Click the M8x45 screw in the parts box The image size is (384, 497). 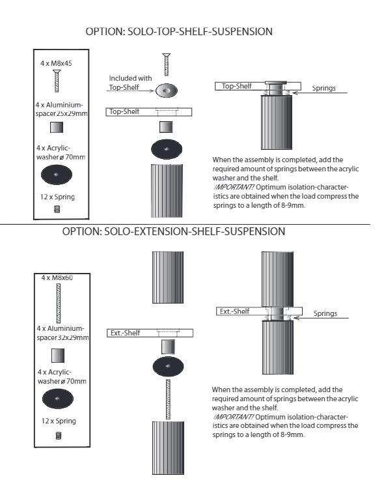click(57, 81)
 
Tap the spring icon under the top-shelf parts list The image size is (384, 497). click(57, 209)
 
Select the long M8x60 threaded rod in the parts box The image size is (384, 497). click(59, 304)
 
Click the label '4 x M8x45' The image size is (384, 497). click(56, 63)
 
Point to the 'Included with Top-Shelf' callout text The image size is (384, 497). click(130, 83)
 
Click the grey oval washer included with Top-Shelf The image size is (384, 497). click(167, 91)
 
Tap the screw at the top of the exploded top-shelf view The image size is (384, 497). click(167, 64)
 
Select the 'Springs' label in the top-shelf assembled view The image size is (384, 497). click(323, 88)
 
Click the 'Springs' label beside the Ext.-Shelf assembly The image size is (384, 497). click(325, 313)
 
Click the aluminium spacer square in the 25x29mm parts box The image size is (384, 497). click(57, 128)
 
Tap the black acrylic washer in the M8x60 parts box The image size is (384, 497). click(58, 399)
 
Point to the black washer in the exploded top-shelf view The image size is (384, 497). click(167, 149)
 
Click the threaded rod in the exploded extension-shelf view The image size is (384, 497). click(168, 399)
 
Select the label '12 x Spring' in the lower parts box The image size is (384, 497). click(59, 421)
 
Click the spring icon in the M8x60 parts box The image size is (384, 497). click(59, 436)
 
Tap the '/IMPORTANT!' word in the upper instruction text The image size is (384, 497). click(234, 187)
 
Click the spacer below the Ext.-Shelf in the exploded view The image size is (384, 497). click(168, 347)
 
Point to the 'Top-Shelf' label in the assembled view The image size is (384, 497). click(236, 86)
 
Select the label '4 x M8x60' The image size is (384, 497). click(57, 277)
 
